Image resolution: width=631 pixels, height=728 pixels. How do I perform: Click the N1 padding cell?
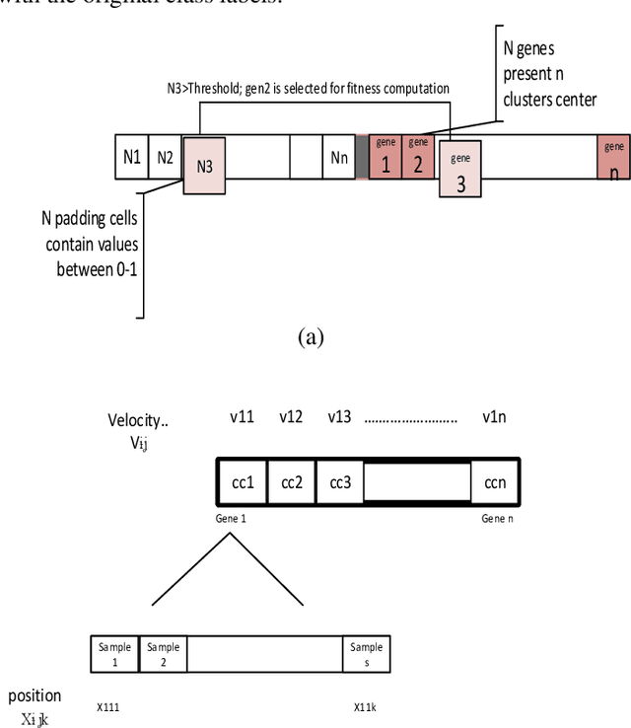[131, 158]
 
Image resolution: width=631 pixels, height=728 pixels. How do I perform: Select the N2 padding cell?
[165, 158]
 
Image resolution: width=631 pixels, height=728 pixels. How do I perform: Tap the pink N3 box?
[204, 166]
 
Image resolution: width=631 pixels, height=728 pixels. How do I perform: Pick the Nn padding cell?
[339, 158]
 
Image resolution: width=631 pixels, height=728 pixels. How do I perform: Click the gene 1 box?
[386, 157]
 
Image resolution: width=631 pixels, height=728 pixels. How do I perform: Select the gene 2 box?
[417, 157]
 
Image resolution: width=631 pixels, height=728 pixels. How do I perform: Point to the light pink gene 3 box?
[460, 169]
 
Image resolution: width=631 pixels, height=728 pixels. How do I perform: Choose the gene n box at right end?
[613, 158]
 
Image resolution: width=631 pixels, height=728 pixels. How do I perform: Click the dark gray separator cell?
[362, 158]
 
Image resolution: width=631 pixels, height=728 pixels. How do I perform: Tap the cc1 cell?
[243, 481]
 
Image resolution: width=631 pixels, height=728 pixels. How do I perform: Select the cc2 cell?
[292, 481]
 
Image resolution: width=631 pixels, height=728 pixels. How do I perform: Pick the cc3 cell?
[340, 481]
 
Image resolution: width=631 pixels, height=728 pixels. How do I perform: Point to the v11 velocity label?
[242, 416]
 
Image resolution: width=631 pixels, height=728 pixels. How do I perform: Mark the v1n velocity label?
[495, 416]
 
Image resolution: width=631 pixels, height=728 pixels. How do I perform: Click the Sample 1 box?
[114, 655]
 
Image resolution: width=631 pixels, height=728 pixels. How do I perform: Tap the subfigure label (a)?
[311, 337]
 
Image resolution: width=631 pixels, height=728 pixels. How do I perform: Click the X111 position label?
[108, 707]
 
